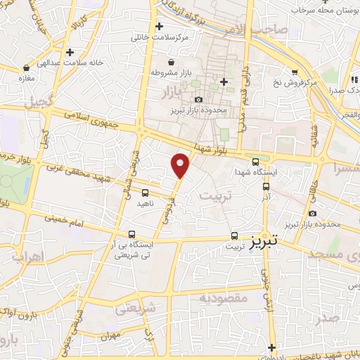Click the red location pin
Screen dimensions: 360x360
click(181, 165)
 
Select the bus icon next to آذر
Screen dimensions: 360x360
click(266, 187)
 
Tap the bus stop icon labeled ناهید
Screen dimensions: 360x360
click(145, 192)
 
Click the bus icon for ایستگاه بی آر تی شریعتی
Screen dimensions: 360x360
click(131, 235)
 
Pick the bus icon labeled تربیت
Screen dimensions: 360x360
click(234, 236)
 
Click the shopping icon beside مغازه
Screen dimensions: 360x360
click(26, 68)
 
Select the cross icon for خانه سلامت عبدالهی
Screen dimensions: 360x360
click(70, 52)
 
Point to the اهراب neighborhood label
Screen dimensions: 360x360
click(29, 255)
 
